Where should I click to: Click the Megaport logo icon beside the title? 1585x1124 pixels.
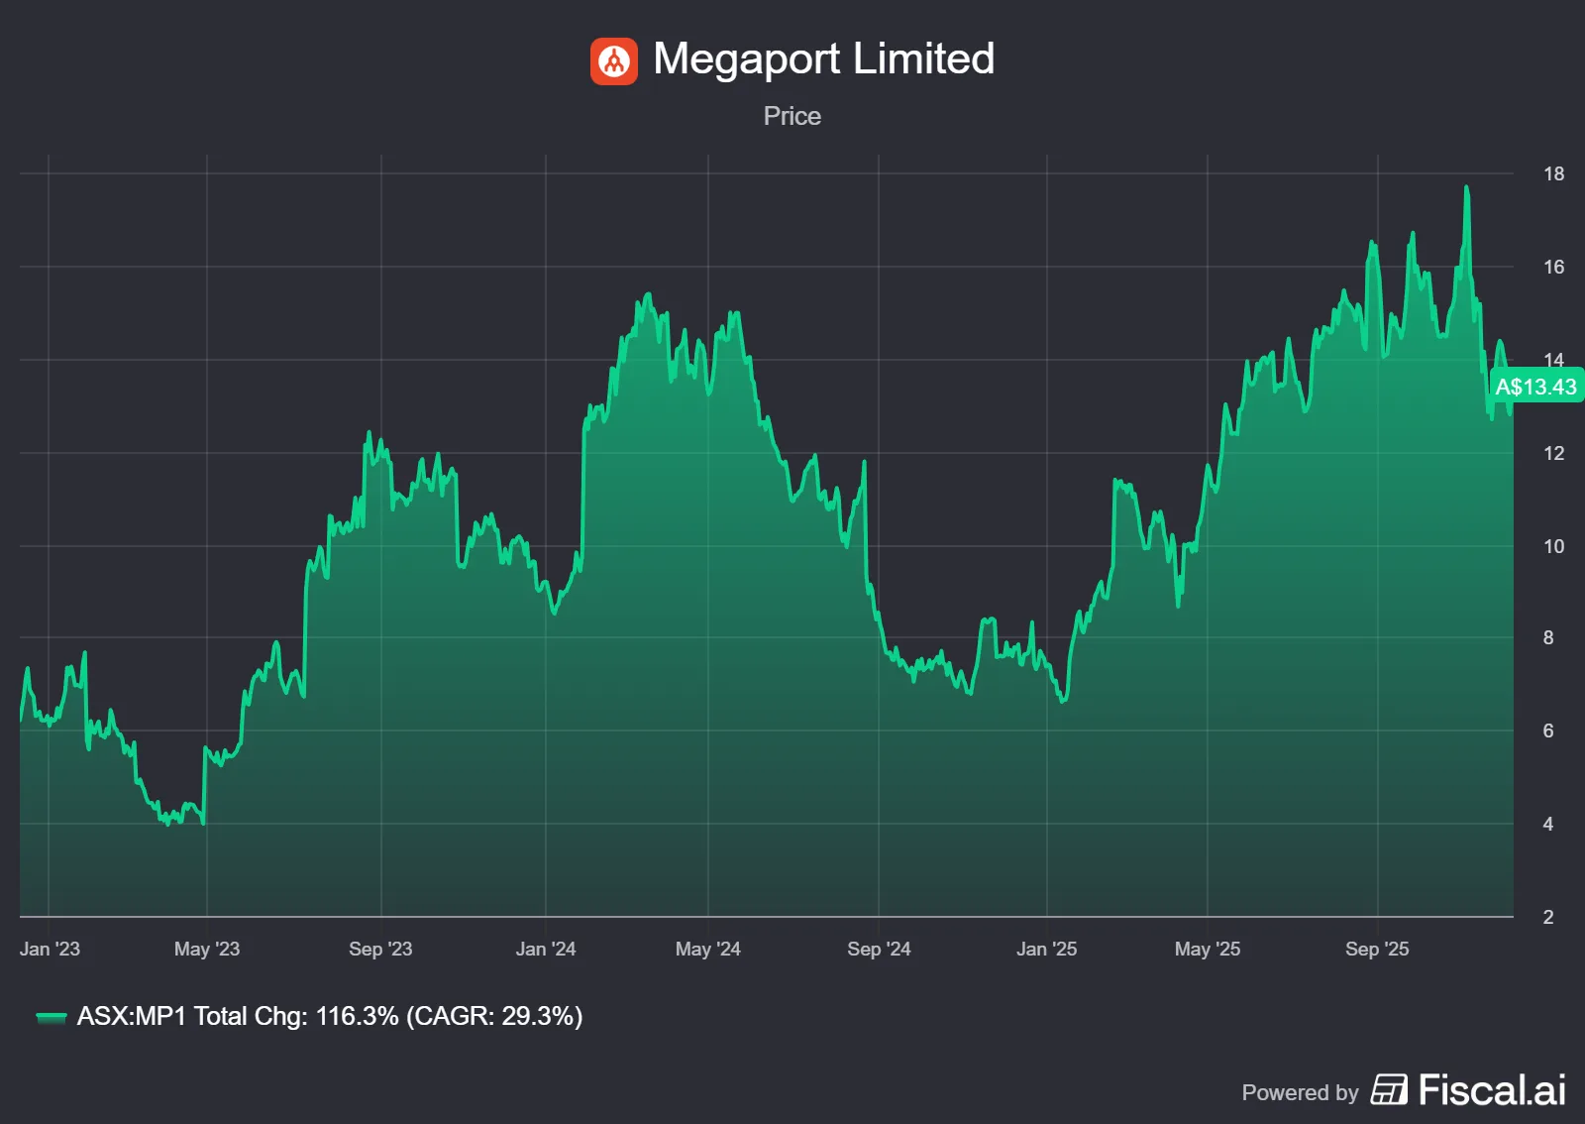click(x=614, y=61)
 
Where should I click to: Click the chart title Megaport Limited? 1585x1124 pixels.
click(x=823, y=58)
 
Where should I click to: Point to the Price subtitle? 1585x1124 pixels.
click(x=792, y=116)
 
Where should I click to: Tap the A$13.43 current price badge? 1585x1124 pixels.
click(x=1535, y=387)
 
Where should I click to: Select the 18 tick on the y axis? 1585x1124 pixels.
click(x=1553, y=174)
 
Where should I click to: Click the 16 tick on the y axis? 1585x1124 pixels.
click(x=1553, y=267)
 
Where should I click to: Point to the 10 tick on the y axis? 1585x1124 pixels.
click(x=1553, y=546)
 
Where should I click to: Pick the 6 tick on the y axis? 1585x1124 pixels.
click(x=1548, y=731)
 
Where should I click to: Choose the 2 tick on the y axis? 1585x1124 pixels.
click(x=1548, y=917)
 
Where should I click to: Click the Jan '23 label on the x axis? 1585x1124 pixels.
click(x=50, y=949)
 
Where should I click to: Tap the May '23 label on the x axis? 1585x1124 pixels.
click(x=207, y=949)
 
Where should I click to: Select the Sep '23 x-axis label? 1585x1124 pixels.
click(x=380, y=949)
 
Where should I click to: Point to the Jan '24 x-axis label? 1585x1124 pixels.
click(x=546, y=949)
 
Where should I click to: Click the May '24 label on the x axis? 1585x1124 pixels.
click(x=708, y=949)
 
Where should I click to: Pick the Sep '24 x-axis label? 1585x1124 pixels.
click(x=879, y=949)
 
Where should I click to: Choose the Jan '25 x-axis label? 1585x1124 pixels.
click(x=1046, y=949)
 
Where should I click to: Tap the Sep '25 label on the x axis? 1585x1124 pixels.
click(x=1377, y=949)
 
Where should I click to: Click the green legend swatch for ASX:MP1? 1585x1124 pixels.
click(x=51, y=1017)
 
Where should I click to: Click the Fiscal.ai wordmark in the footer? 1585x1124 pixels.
click(x=1492, y=1090)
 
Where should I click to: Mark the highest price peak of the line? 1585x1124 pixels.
click(x=1466, y=187)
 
